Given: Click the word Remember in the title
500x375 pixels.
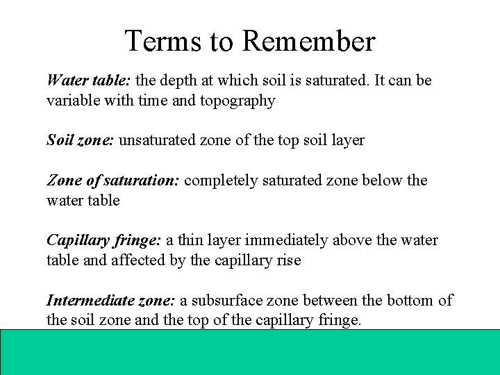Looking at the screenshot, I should tap(308, 42).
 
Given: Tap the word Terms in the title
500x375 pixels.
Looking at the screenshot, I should tap(164, 42).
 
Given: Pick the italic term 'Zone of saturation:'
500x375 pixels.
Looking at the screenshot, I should tap(113, 181).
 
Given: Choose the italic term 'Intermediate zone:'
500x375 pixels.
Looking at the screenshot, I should tap(111, 301).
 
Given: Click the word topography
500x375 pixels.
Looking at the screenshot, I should tap(237, 101).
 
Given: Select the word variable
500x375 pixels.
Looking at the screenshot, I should tap(71, 101).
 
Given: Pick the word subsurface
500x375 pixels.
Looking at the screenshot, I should tap(229, 301).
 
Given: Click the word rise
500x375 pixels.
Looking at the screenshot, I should tap(288, 260).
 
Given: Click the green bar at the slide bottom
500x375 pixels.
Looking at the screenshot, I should tap(250, 351).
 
